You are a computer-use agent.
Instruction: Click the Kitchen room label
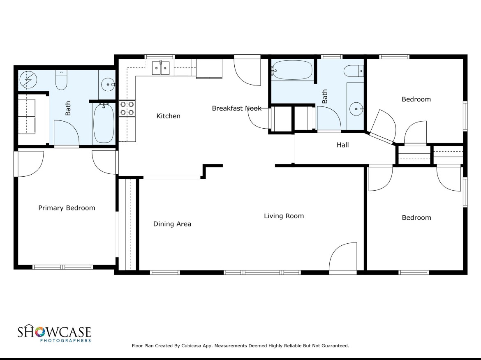pos(168,116)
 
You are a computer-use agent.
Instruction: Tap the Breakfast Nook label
pos(236,108)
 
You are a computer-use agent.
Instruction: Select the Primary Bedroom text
pos(67,208)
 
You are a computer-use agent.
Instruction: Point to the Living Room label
pos(284,216)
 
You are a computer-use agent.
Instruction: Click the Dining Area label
pos(172,224)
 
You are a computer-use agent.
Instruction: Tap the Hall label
pos(342,145)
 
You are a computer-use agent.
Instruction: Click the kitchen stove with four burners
pos(127,108)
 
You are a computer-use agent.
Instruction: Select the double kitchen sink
pos(161,68)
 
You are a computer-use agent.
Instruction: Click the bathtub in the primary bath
pos(104,123)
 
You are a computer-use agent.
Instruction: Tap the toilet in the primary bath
pos(61,80)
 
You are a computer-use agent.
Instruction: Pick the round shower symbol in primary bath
pos(28,80)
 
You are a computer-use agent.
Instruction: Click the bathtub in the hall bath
pos(292,70)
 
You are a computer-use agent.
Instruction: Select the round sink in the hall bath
pos(356,109)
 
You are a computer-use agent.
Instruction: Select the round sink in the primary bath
pos(108,84)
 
